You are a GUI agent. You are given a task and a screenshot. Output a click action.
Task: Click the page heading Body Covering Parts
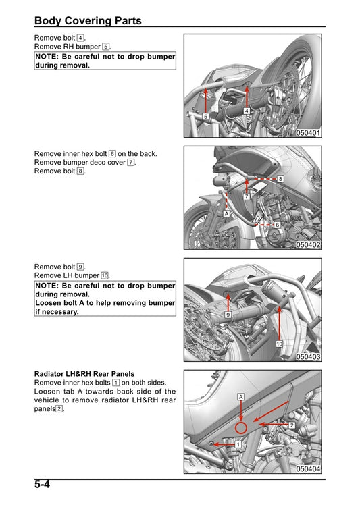[88, 20]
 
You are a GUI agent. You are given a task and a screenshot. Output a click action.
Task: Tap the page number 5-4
[43, 485]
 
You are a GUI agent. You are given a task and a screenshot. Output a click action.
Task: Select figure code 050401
[308, 133]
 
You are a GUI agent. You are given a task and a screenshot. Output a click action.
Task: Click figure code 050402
[308, 245]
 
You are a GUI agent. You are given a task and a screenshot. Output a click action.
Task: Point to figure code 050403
[308, 356]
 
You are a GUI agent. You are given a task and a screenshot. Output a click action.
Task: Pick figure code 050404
[308, 468]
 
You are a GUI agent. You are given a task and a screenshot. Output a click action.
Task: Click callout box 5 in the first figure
[205, 116]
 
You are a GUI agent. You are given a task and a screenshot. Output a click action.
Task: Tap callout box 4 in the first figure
[247, 111]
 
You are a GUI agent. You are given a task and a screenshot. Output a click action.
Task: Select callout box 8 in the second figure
[280, 178]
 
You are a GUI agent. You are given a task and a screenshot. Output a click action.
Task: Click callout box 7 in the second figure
[247, 196]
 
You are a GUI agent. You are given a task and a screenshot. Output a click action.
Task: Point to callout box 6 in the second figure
[276, 224]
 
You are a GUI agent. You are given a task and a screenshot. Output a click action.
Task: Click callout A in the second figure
[226, 213]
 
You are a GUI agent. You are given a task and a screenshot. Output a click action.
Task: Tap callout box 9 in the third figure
[228, 315]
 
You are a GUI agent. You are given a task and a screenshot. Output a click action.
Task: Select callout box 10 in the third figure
[278, 344]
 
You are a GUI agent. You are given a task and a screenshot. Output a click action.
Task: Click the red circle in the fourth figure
[240, 428]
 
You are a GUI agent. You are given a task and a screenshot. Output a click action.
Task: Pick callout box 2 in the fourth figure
[291, 425]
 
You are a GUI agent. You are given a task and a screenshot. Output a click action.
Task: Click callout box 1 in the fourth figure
[238, 444]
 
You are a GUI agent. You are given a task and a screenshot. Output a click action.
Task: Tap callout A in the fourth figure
[240, 397]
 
